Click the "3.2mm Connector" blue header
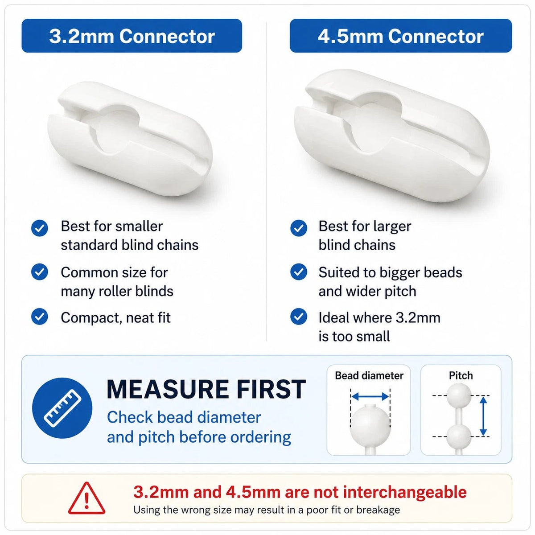click(132, 36)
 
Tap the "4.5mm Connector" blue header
click(401, 36)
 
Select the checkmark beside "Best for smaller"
click(40, 228)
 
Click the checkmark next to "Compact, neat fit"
click(40, 317)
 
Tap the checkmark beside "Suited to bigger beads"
click(298, 272)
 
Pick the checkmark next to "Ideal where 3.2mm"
click(298, 317)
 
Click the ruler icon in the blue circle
click(62, 408)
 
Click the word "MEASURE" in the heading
click(168, 389)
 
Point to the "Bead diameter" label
click(369, 375)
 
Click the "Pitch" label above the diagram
click(461, 375)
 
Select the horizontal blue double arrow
click(370, 396)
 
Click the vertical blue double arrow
click(483, 416)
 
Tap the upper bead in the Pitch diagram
click(459, 395)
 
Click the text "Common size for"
click(115, 272)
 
